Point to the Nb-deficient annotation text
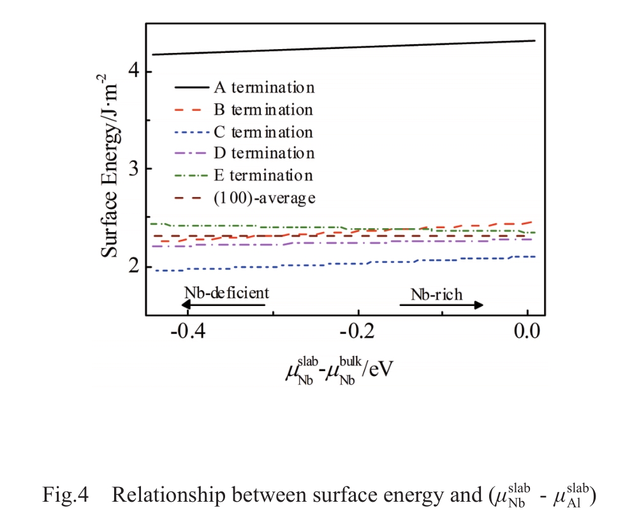tap(227, 293)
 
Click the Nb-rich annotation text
tap(437, 294)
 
